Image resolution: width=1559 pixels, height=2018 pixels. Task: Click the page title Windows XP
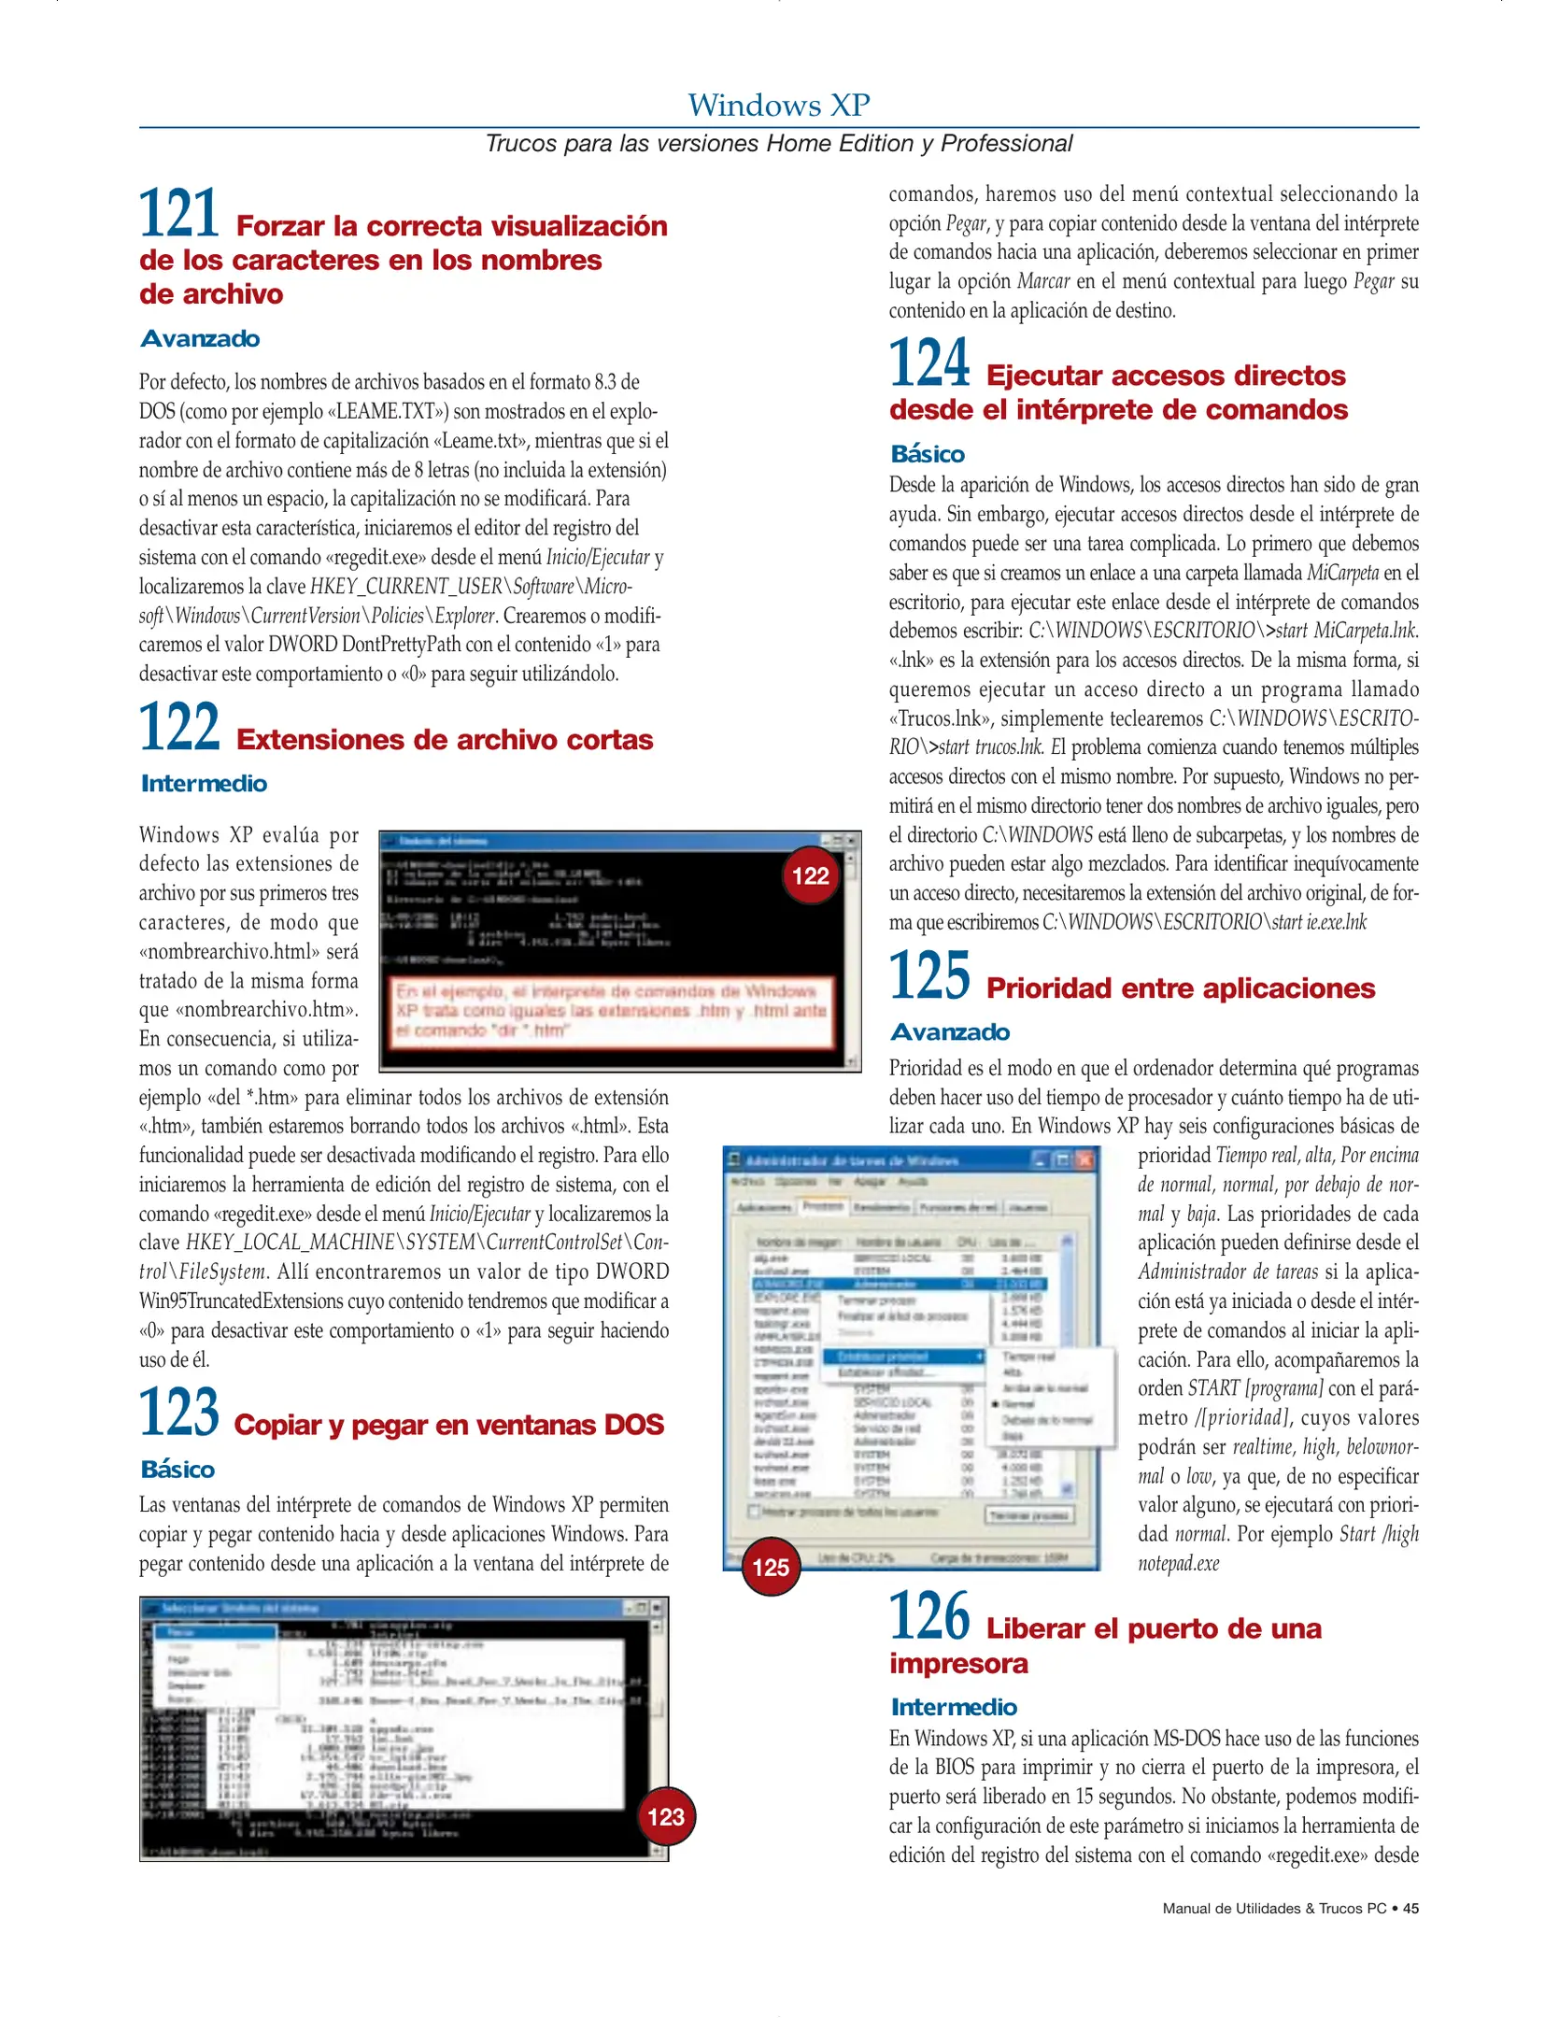tap(778, 105)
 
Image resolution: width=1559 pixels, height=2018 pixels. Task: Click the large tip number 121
tap(179, 214)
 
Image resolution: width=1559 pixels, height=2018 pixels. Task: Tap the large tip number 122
tap(179, 728)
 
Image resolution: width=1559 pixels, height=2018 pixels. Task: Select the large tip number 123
tap(179, 1413)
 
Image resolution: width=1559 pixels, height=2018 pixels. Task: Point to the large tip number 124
tap(929, 363)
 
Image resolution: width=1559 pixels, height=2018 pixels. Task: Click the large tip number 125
tap(929, 976)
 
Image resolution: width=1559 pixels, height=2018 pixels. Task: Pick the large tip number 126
tap(929, 1617)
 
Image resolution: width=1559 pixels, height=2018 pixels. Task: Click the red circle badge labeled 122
tap(810, 875)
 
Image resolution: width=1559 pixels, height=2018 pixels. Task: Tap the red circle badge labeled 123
tap(666, 1816)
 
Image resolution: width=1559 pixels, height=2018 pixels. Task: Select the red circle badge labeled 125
tap(771, 1567)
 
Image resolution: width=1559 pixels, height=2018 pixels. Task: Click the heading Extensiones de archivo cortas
tap(445, 740)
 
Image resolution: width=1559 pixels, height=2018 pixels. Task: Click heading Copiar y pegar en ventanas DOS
tap(448, 1425)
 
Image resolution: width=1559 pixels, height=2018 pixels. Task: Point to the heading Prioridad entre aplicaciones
tap(1180, 988)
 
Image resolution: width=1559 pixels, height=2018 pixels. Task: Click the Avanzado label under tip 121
tap(200, 339)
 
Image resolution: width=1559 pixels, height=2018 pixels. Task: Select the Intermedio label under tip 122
tap(204, 784)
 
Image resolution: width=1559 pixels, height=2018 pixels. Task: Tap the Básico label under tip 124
tap(928, 454)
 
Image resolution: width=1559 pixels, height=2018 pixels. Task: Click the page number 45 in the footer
tap(1410, 1909)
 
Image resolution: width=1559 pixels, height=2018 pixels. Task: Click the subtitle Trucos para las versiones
tap(778, 144)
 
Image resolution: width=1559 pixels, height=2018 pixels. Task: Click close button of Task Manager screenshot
tap(1084, 1159)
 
